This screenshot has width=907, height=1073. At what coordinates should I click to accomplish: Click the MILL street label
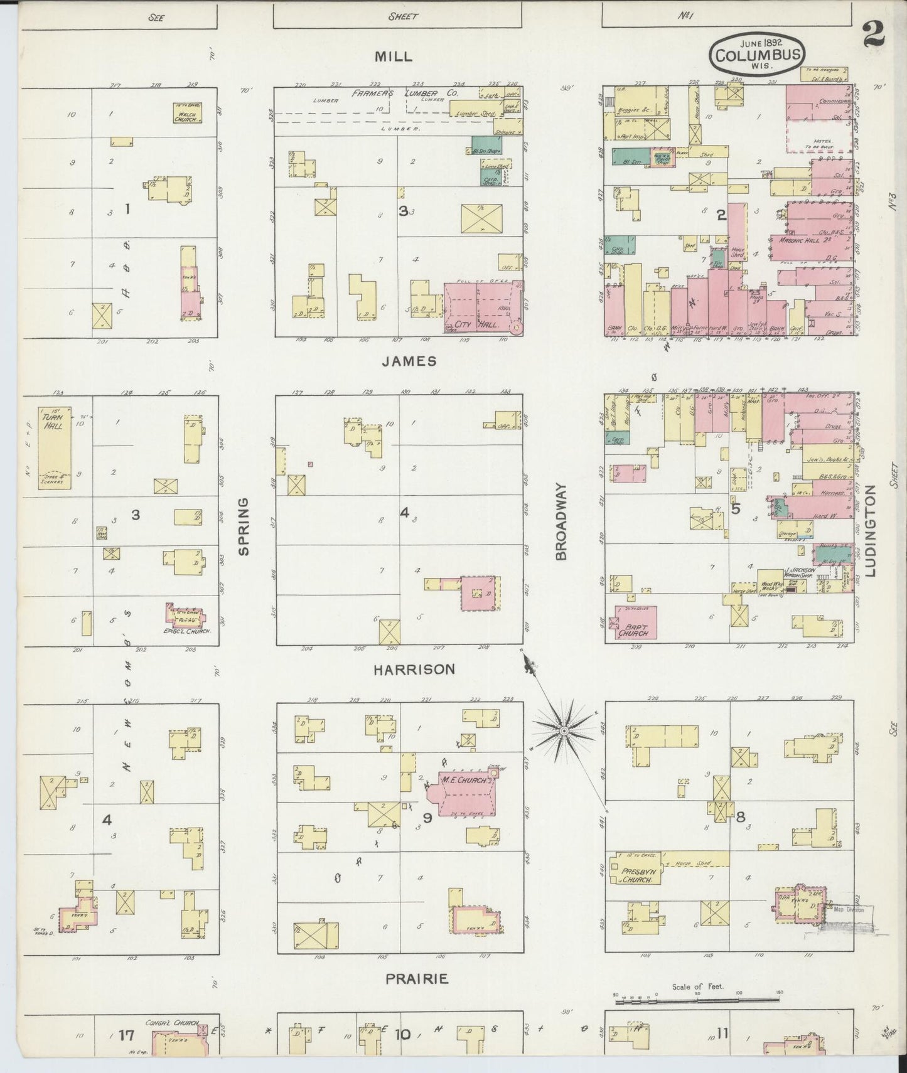pos(394,56)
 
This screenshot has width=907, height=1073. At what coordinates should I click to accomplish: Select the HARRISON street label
pos(414,670)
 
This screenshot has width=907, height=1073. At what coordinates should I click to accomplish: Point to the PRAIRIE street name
pos(417,978)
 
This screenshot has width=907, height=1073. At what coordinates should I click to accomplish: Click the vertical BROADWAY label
pos(561,521)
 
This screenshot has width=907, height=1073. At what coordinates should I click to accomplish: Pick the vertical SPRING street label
pos(244,526)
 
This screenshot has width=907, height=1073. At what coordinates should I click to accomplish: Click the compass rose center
pos(564,731)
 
